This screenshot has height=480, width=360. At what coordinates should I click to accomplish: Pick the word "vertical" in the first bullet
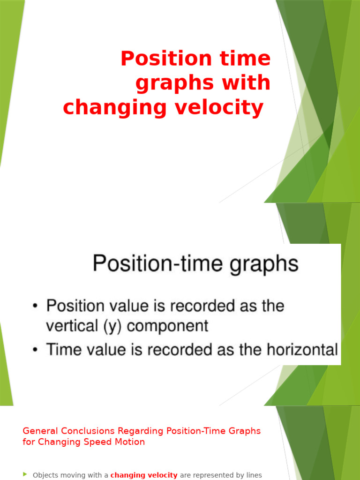point(74,326)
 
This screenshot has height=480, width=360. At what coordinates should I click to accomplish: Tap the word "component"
point(168,326)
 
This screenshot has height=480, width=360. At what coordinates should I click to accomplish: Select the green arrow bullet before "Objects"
point(25,475)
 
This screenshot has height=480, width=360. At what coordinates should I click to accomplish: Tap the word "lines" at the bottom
point(254,475)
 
